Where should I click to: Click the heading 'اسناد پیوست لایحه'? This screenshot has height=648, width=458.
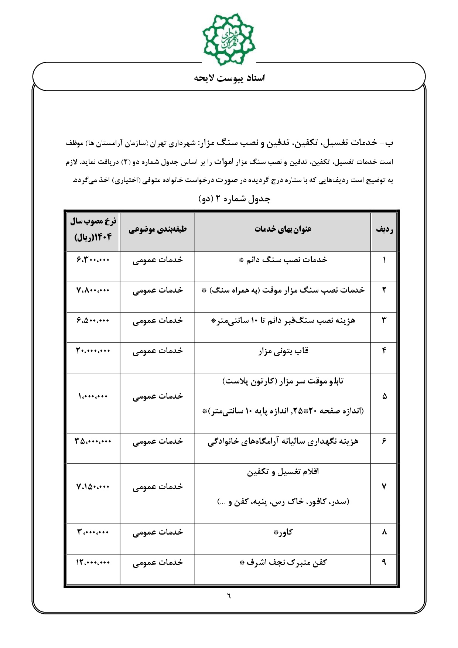(x=229, y=78)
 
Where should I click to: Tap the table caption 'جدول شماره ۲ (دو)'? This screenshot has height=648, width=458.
(x=235, y=199)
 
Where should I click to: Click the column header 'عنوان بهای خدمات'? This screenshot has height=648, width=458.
(x=283, y=229)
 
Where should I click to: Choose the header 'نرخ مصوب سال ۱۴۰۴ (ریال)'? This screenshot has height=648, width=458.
(x=93, y=229)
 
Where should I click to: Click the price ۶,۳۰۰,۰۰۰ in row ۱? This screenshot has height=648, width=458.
(x=93, y=260)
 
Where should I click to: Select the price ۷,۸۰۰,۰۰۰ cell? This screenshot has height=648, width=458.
(x=93, y=290)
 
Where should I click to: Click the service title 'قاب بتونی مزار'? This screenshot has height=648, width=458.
(x=283, y=351)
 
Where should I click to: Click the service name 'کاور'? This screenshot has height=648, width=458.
(x=283, y=532)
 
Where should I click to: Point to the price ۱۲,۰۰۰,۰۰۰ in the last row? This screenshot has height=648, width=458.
(x=93, y=563)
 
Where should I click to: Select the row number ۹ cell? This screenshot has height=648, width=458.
(x=384, y=562)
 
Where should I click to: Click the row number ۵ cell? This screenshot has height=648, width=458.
(x=384, y=396)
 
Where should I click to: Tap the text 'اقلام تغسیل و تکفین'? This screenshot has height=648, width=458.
(x=283, y=472)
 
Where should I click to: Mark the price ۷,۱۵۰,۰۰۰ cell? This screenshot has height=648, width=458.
(x=93, y=487)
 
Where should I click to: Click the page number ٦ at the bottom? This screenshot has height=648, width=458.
(x=229, y=596)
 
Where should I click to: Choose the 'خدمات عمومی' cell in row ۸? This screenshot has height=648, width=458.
(x=158, y=532)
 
